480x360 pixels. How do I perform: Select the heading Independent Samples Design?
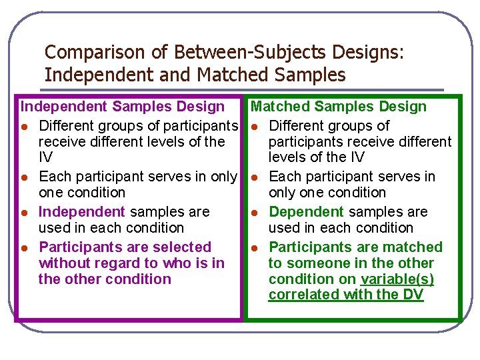[x=123, y=107]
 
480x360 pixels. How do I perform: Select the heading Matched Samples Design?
[x=338, y=107]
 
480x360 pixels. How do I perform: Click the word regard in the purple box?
[x=117, y=263]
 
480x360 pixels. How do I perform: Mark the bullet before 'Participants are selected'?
[x=24, y=248]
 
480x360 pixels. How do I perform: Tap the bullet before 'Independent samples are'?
[x=24, y=213]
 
